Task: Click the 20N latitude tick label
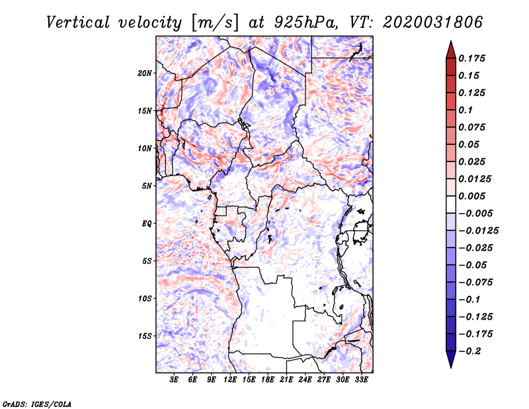click(x=145, y=73)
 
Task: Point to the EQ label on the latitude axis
click(x=147, y=224)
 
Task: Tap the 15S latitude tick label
click(x=145, y=336)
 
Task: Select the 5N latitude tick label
click(x=147, y=186)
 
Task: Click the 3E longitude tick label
click(x=174, y=380)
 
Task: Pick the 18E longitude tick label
click(x=268, y=380)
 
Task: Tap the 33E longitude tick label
click(x=361, y=380)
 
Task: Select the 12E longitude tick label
click(x=230, y=380)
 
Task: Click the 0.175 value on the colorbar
click(x=471, y=58)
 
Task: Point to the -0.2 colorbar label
click(x=469, y=351)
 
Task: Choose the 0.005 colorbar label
click(x=471, y=196)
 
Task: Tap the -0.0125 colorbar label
click(x=478, y=231)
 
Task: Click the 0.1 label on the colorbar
click(x=466, y=110)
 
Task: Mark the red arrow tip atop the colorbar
click(x=451, y=41)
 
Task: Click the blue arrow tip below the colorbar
click(x=451, y=367)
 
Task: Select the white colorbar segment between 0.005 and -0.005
click(x=451, y=204)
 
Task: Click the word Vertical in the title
click(x=78, y=23)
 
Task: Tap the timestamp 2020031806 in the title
click(x=432, y=23)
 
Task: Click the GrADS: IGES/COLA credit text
click(x=37, y=404)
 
